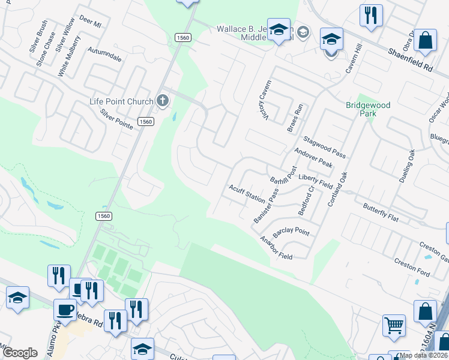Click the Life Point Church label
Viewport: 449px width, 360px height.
(x=120, y=101)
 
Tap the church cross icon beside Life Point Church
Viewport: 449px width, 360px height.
(x=163, y=101)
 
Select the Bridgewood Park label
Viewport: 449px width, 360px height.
(x=368, y=109)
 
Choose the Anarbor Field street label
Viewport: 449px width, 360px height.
(x=276, y=248)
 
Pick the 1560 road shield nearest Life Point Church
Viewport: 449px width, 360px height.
(x=145, y=121)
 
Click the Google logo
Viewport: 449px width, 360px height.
(x=20, y=353)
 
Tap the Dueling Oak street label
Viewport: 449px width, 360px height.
(x=407, y=166)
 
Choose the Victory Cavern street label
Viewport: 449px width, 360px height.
(x=261, y=100)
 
